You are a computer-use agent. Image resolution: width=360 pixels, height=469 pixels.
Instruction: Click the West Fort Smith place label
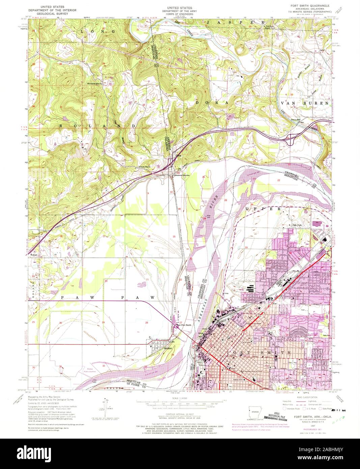pyautogui.click(x=183, y=325)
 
